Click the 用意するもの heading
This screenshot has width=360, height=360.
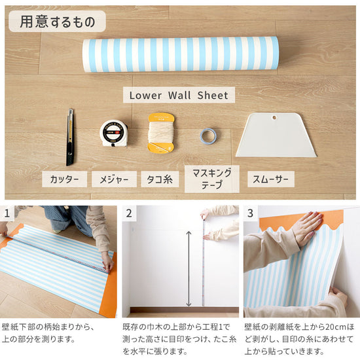coord(58,22)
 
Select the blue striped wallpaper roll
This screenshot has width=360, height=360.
coord(181,54)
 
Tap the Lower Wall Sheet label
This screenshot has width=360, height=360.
coord(179,95)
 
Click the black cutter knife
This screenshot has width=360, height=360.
coord(70,137)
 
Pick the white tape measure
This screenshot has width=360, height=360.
coord(114,133)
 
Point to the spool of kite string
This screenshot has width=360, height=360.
coord(161,133)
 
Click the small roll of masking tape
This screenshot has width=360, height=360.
coord(208,136)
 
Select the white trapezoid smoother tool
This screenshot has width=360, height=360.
coord(276,135)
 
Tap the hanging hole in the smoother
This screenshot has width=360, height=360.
coord(274,118)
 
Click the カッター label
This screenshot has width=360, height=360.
coord(65,179)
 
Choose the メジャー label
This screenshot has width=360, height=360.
coord(114,179)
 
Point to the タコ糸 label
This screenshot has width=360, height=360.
coord(160,179)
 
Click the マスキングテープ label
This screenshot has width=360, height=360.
coord(212,179)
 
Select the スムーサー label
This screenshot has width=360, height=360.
coord(271,179)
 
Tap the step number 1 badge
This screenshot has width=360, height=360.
coord(7,213)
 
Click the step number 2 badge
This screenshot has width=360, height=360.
coord(129,213)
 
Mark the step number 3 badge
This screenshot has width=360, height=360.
coord(250,213)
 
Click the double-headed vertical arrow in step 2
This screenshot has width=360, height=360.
coord(189,268)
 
